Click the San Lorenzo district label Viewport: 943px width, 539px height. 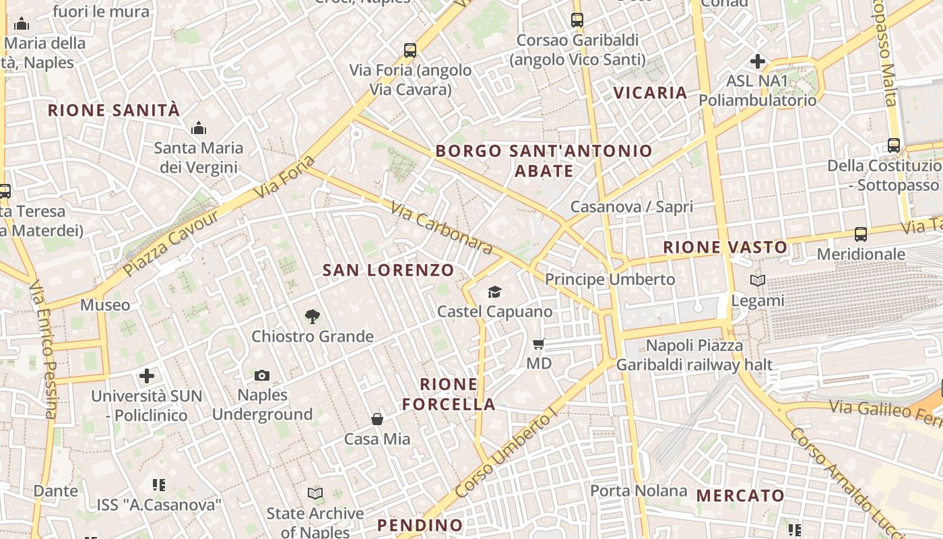[x=389, y=271]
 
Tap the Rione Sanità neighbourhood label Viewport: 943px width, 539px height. [x=114, y=110]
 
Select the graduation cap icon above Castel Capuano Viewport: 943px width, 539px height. [x=495, y=292]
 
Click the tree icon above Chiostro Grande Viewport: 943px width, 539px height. [x=312, y=316]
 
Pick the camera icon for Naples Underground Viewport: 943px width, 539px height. [x=262, y=375]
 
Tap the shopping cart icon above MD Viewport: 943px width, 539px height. [x=538, y=344]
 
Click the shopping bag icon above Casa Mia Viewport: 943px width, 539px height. [x=377, y=419]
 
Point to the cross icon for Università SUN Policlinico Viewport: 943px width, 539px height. [x=147, y=375]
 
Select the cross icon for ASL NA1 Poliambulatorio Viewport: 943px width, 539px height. [x=757, y=61]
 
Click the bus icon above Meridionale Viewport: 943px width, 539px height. [x=861, y=234]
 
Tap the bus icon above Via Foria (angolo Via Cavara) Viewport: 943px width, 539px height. [x=410, y=50]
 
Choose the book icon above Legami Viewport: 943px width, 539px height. [x=758, y=280]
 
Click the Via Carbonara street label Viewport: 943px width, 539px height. [x=441, y=230]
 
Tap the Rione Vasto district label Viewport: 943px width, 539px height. [x=725, y=247]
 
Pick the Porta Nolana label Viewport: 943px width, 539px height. [x=639, y=490]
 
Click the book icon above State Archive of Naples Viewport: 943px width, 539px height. [x=315, y=494]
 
